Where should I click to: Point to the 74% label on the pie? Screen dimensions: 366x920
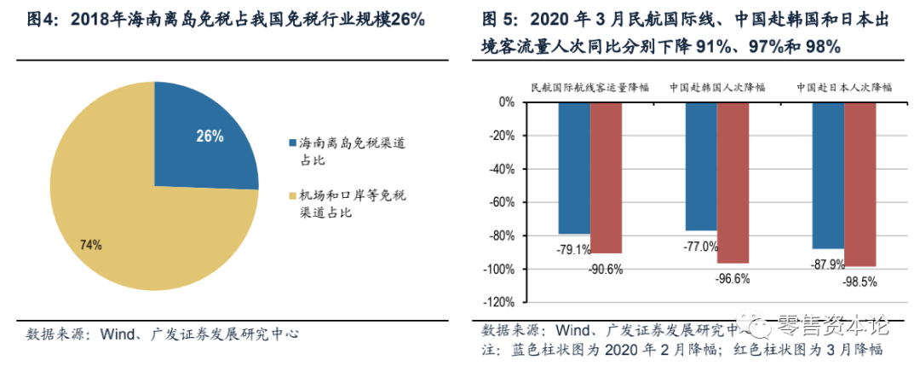pos(91,245)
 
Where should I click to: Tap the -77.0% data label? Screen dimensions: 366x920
pos(700,247)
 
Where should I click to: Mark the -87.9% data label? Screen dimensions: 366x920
pos(826,264)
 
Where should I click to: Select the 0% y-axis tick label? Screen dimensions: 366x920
pos(506,102)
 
